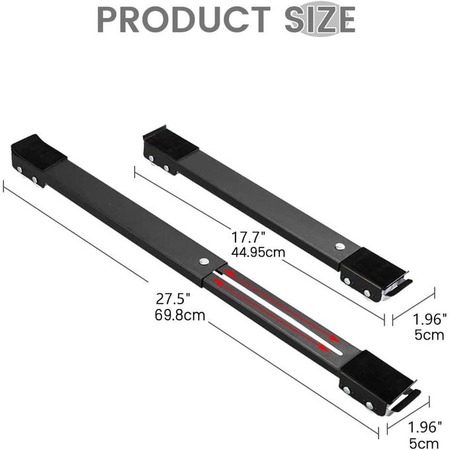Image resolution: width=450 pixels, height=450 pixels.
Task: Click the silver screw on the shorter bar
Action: pyautogui.click(x=339, y=246)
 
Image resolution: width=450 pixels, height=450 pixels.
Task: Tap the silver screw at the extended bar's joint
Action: pyautogui.click(x=204, y=261)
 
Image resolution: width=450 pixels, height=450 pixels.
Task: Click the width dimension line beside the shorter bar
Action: pyautogui.click(x=414, y=306)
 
